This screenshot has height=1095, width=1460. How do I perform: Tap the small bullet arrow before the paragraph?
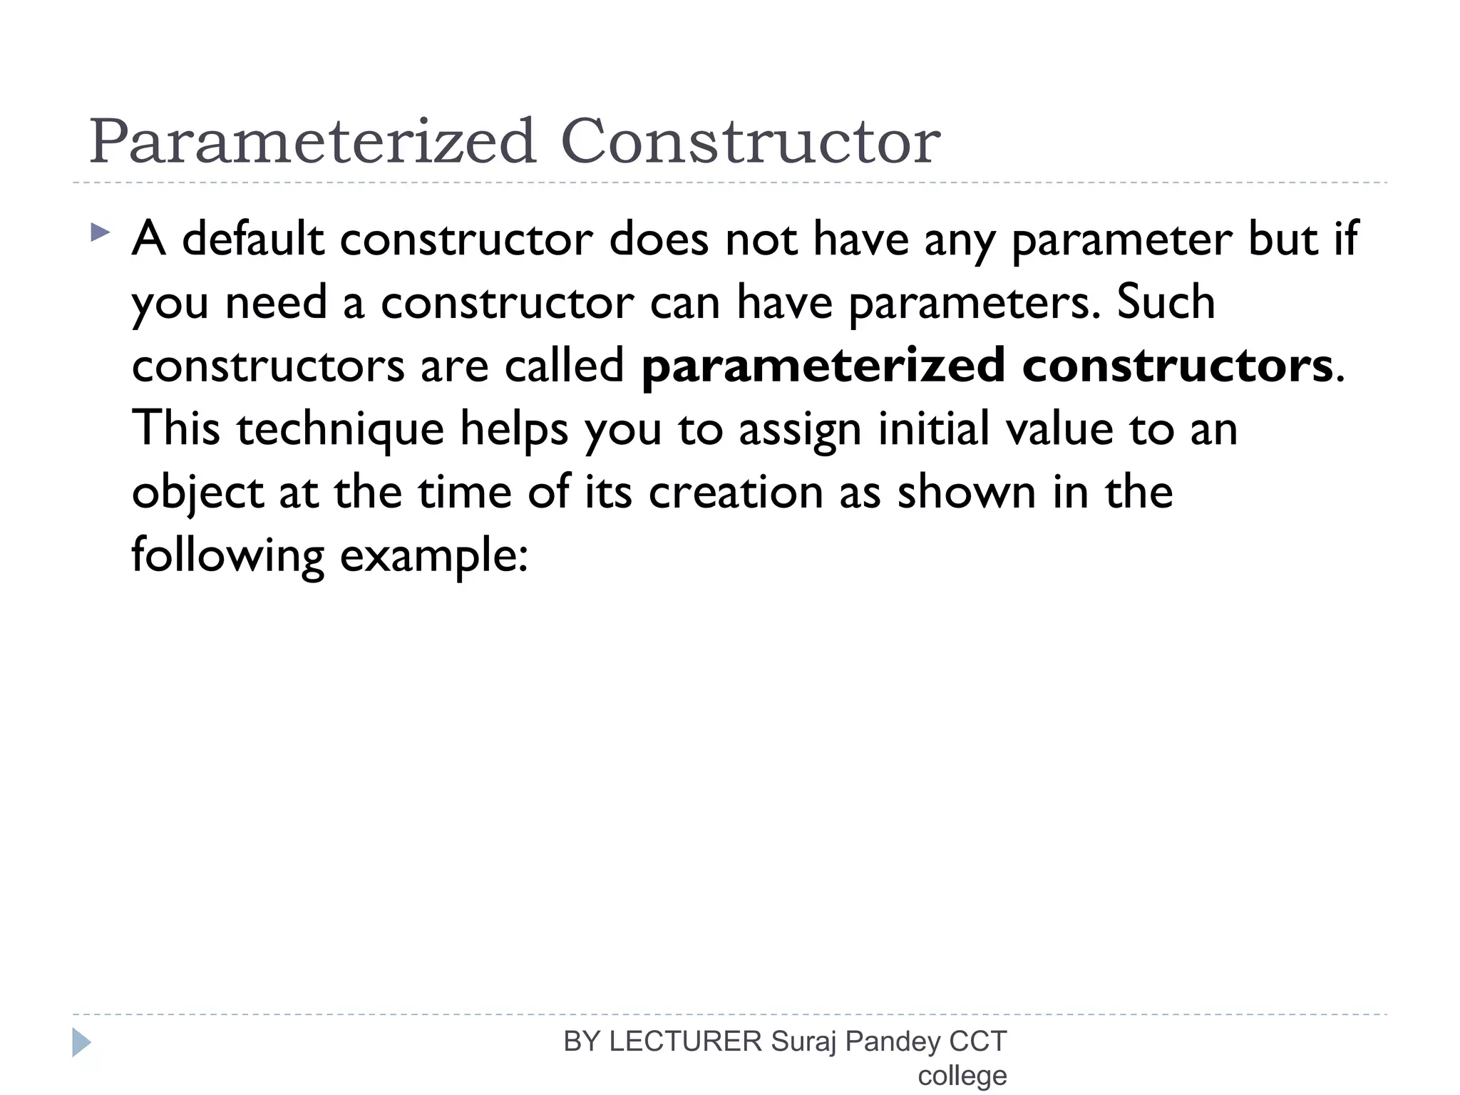pyautogui.click(x=101, y=232)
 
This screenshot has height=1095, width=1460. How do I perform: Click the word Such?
pyautogui.click(x=1166, y=302)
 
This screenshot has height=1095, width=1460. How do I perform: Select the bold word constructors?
pyautogui.click(x=1177, y=365)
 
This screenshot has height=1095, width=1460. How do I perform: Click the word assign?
pyautogui.click(x=800, y=429)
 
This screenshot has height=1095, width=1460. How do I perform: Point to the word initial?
pyautogui.click(x=933, y=428)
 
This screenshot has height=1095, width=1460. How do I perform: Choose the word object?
pyautogui.click(x=197, y=493)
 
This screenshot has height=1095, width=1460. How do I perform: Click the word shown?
pyautogui.click(x=966, y=492)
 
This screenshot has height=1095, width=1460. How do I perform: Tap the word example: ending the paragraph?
pyautogui.click(x=433, y=556)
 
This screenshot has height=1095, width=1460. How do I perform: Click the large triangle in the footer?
pyautogui.click(x=81, y=1043)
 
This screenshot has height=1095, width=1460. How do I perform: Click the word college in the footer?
pyautogui.click(x=962, y=1076)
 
